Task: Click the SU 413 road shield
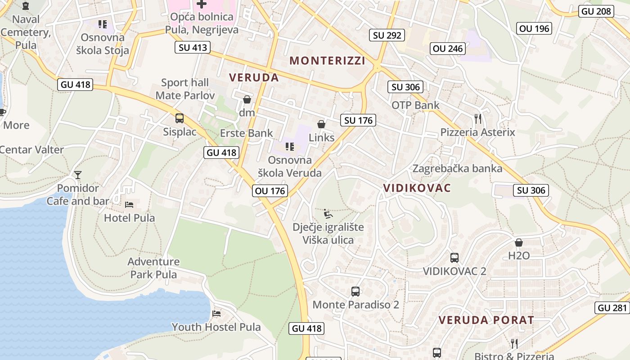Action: tap(193, 47)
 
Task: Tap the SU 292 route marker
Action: tap(387, 35)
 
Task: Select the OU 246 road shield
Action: tap(448, 49)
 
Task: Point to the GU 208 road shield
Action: tap(597, 11)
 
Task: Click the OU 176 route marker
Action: tap(270, 191)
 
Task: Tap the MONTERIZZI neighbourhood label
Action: tap(327, 60)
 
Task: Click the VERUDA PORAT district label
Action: tap(486, 320)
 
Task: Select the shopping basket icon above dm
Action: tap(247, 99)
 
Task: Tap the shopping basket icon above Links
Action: tap(321, 124)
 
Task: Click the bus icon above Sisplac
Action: tap(180, 118)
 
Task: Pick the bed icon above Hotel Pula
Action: tap(130, 205)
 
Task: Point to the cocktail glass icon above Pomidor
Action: tap(78, 175)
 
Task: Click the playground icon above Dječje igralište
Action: tap(328, 213)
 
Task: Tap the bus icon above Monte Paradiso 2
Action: tap(355, 291)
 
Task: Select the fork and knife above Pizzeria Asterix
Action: tap(478, 119)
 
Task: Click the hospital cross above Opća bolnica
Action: tap(202, 4)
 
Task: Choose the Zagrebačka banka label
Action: tap(457, 169)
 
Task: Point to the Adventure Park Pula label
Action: tap(153, 268)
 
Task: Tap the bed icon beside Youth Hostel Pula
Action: tap(217, 313)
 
